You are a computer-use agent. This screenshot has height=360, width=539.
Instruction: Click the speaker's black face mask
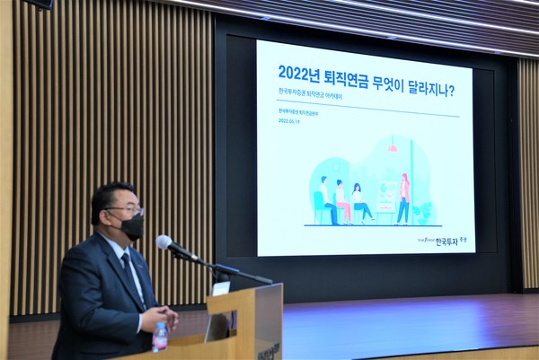click(x=131, y=226)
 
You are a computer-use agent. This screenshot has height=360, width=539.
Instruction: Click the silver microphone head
click(x=164, y=242)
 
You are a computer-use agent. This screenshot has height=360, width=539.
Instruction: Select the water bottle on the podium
click(x=160, y=337)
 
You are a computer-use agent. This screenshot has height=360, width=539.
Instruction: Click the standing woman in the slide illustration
click(x=403, y=199)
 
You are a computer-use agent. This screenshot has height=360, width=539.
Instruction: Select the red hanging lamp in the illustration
click(x=392, y=148)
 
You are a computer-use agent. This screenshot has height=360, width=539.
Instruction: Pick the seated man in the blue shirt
click(x=327, y=200)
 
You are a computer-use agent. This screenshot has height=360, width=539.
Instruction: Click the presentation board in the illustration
click(x=385, y=197)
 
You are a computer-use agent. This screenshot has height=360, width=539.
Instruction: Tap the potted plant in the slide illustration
click(x=422, y=212)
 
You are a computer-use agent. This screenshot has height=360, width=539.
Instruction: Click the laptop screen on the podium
click(x=218, y=325)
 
